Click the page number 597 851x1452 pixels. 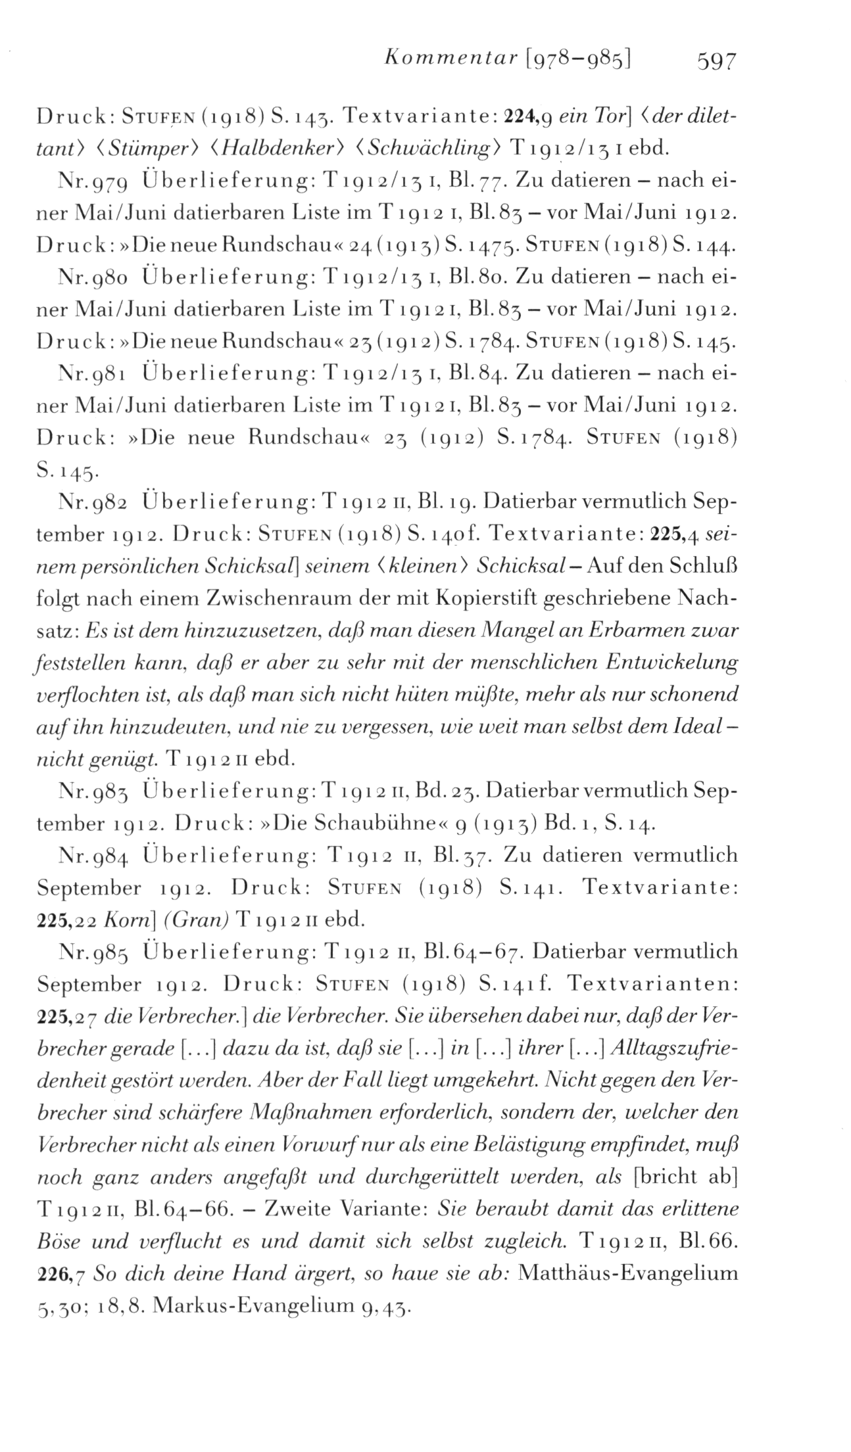[x=712, y=61]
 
